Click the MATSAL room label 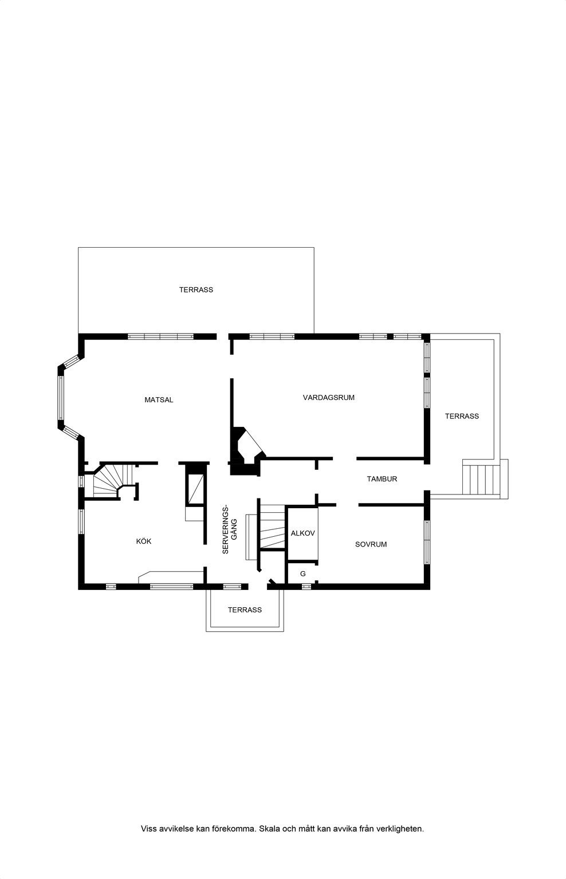[x=159, y=400]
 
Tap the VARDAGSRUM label [x=328, y=398]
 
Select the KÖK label [x=143, y=541]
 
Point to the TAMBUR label [x=382, y=479]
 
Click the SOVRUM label [x=371, y=544]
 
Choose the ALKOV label [x=302, y=533]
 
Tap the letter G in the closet [x=303, y=574]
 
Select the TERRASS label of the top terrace [x=196, y=290]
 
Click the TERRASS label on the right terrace [x=462, y=416]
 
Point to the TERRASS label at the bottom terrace [x=244, y=610]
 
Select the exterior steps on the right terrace [x=482, y=479]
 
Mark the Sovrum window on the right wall [x=427, y=542]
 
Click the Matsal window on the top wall [x=160, y=336]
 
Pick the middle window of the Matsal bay [x=61, y=398]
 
